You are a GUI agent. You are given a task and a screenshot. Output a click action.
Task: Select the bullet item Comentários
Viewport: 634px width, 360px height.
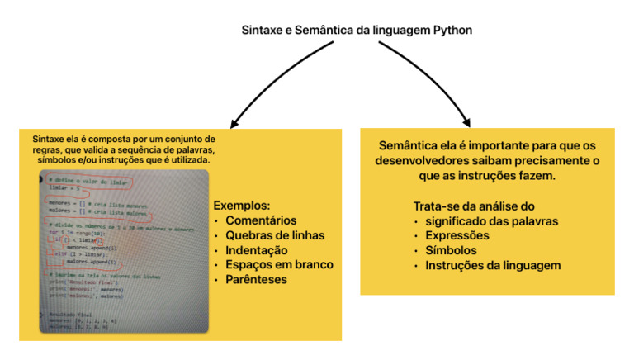(261, 220)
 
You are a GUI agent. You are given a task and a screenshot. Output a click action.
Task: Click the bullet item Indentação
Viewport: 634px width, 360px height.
(256, 249)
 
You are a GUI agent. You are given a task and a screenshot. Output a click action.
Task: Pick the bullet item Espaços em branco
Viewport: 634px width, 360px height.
(279, 264)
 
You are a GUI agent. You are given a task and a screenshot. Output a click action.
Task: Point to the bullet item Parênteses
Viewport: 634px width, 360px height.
(257, 279)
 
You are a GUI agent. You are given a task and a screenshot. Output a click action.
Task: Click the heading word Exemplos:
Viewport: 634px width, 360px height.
(242, 205)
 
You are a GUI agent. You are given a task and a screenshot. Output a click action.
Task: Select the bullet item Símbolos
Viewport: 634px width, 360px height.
(451, 250)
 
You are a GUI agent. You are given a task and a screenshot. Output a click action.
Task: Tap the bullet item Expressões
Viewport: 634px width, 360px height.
(458, 235)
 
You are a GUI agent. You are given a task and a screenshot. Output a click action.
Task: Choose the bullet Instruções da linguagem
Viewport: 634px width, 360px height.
(492, 265)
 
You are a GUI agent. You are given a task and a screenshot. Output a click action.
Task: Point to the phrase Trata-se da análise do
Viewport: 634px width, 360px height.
(474, 206)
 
